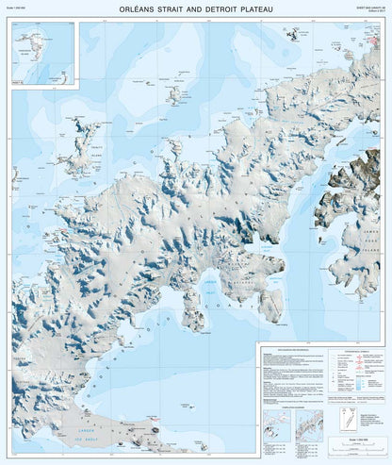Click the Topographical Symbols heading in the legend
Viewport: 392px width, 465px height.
[342, 351]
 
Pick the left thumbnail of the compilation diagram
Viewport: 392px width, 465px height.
[277, 423]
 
